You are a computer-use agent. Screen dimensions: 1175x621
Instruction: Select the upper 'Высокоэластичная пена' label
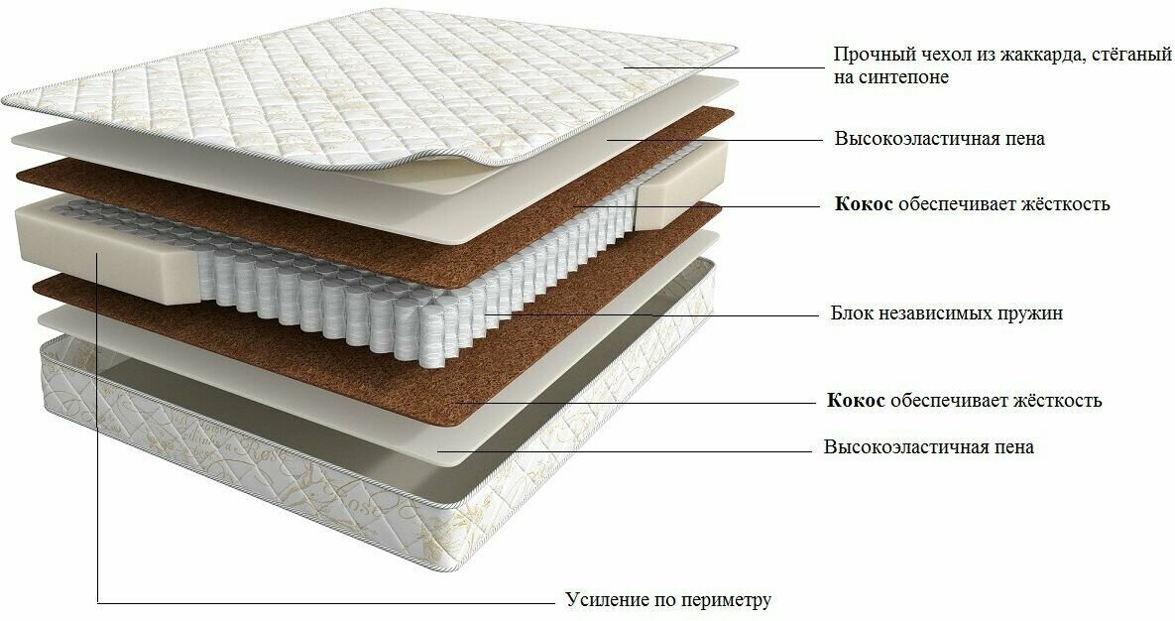(x=939, y=139)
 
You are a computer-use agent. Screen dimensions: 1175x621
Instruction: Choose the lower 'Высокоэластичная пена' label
(x=928, y=447)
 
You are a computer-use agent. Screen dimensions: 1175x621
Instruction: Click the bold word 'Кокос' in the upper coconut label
(x=864, y=204)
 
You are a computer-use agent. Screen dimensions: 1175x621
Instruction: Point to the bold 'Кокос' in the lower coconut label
(x=856, y=401)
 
